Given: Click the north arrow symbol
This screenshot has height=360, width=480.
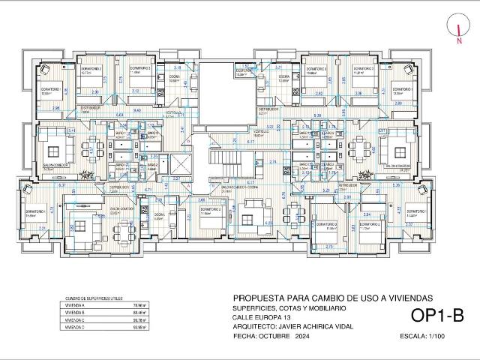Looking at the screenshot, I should (x=458, y=27).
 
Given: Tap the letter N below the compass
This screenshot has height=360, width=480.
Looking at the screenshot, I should (x=458, y=42).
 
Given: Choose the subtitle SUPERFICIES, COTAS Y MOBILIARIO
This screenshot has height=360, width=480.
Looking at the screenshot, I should (x=289, y=308).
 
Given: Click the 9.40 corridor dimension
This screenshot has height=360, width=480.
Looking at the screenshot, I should (x=137, y=110).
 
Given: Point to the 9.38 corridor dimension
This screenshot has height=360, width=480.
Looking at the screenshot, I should (x=317, y=115).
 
